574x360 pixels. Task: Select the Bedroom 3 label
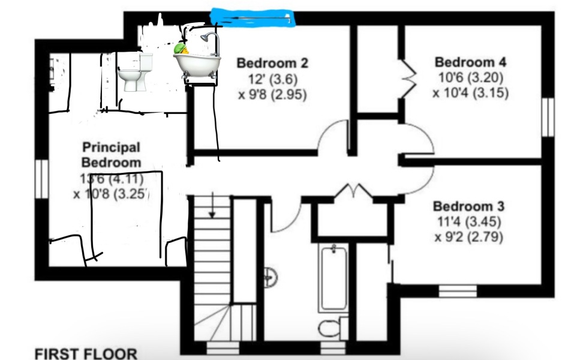coord(468,206)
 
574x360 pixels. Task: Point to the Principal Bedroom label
coord(111,154)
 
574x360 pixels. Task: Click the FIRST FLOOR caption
coord(86,353)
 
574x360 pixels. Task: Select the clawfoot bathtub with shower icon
coord(198,57)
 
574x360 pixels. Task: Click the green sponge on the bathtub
coord(181,48)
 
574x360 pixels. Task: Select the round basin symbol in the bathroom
coord(271,277)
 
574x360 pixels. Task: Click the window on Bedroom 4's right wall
coord(547,117)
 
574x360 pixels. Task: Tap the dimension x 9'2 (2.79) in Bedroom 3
coord(468,237)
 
